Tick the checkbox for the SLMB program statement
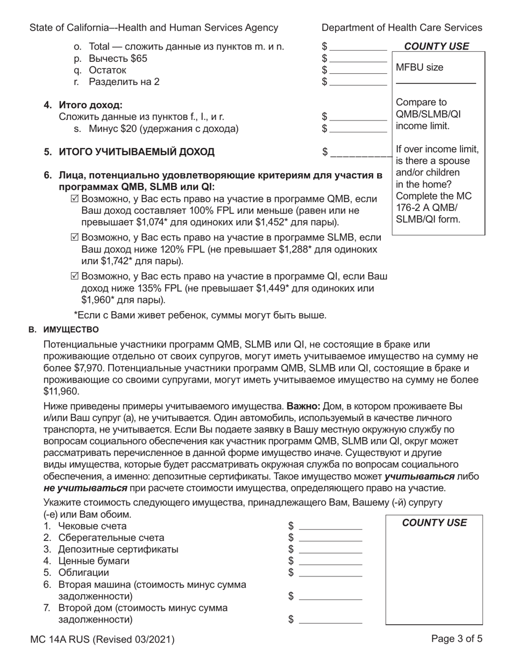point(75,237)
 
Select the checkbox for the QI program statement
point(75,277)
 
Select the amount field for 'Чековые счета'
point(330,526)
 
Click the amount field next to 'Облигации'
point(330,573)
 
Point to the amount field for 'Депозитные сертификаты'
point(330,550)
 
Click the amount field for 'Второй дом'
point(330,619)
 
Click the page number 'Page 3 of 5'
point(457,639)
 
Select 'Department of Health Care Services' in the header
point(402,28)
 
